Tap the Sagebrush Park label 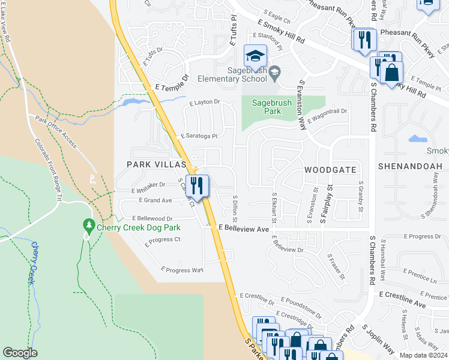[x=272, y=107]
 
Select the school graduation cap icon [x=255, y=56]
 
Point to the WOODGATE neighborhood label [x=330, y=170]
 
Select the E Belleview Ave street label [x=244, y=229]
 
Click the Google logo [x=20, y=352]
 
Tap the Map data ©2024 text [x=423, y=355]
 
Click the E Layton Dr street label [x=205, y=103]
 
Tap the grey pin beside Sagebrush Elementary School [x=275, y=73]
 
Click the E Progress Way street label [x=182, y=270]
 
